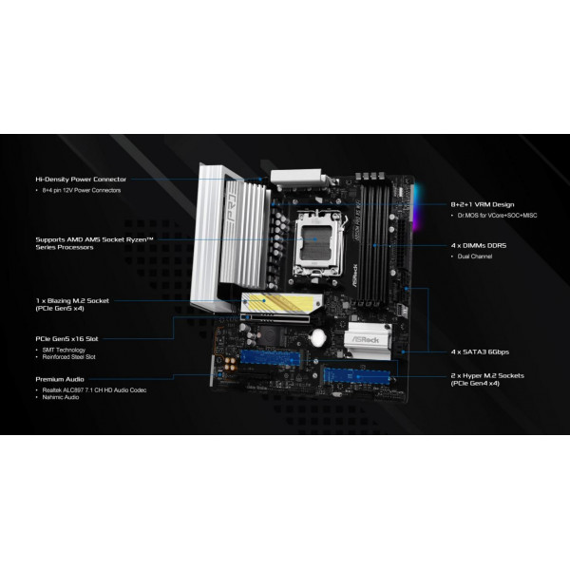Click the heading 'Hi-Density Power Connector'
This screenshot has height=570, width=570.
tap(79, 179)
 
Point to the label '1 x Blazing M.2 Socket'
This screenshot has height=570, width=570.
tap(72, 300)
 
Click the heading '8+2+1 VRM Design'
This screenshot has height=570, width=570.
tap(482, 204)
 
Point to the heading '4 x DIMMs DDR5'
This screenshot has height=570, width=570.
tap(479, 244)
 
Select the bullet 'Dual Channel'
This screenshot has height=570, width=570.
tap(477, 256)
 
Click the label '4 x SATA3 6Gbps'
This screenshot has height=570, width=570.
tap(481, 351)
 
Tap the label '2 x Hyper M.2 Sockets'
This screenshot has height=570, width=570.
tap(485, 375)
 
